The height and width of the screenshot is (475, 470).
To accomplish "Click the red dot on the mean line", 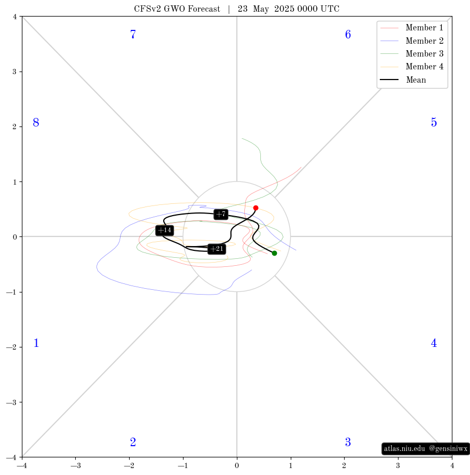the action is (256, 208).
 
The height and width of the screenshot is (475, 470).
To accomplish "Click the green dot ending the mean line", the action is (274, 254).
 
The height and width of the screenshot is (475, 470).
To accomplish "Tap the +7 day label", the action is (221, 215).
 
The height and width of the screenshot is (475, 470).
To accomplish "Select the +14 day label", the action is (165, 230).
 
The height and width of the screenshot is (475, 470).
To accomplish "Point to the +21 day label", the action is (217, 249).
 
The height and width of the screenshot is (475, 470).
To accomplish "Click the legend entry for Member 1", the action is (411, 28).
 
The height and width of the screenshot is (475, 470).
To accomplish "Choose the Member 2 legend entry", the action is (411, 41).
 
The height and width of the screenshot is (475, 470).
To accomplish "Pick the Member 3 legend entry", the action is (411, 53).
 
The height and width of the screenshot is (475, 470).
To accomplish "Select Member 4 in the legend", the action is (411, 67).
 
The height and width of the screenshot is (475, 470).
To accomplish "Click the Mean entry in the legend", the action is (403, 80).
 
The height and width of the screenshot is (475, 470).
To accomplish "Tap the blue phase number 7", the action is (133, 35).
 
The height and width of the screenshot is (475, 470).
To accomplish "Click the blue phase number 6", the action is (348, 35).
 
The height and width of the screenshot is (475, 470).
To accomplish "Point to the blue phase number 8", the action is (36, 123).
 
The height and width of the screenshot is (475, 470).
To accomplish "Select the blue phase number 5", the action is (434, 123).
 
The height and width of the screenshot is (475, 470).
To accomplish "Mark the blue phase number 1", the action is (36, 343).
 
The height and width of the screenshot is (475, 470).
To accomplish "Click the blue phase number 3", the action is (348, 442).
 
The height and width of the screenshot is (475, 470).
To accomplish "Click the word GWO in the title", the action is (174, 9).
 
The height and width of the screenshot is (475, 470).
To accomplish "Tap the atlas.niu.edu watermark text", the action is (404, 449).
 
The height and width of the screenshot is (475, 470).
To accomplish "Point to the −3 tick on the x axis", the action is (75, 465).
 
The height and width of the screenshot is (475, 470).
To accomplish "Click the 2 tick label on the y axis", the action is (14, 127).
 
